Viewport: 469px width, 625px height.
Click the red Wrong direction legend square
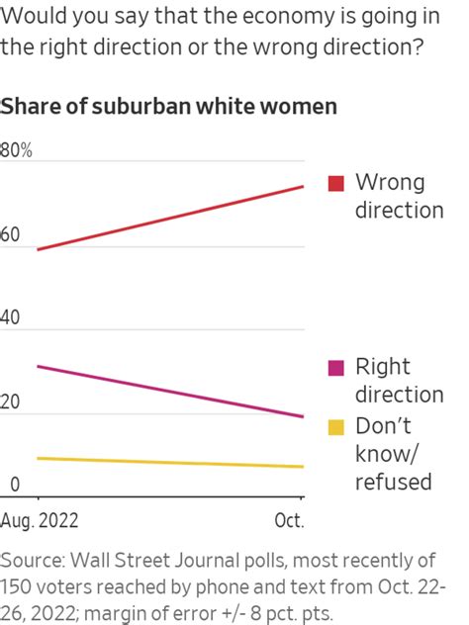336,183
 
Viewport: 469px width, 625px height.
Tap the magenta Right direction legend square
336,368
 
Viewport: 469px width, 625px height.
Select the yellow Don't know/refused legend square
336,426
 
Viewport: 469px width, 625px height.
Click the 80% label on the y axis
17,151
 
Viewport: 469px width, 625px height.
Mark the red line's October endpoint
303,186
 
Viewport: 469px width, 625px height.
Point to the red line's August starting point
38,249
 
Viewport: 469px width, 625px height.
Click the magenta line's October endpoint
303,416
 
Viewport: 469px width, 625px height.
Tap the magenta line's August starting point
38,366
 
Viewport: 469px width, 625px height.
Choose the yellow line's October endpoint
303,467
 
